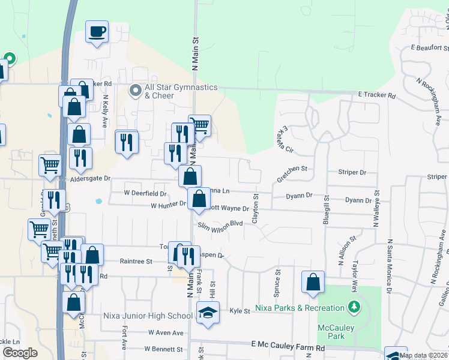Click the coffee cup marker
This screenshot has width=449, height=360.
coord(96,32)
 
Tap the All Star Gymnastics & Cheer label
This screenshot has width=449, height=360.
coord(173,91)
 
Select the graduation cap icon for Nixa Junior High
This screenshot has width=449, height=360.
coord(208,313)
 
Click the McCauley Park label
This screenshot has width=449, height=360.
coord(336,332)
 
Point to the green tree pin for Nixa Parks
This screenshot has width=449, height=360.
coord(354,308)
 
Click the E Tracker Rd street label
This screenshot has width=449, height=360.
coord(377,95)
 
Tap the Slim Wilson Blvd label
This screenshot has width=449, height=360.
coord(220,223)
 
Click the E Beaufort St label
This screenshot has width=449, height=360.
coord(429,47)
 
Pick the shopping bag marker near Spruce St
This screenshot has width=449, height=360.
coord(313,283)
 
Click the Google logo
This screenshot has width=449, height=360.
coord(20,353)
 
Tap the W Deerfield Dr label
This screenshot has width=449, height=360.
coord(145,193)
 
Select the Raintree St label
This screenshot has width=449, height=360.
coord(136,261)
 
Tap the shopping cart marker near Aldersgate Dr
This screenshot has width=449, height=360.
coord(50,164)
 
